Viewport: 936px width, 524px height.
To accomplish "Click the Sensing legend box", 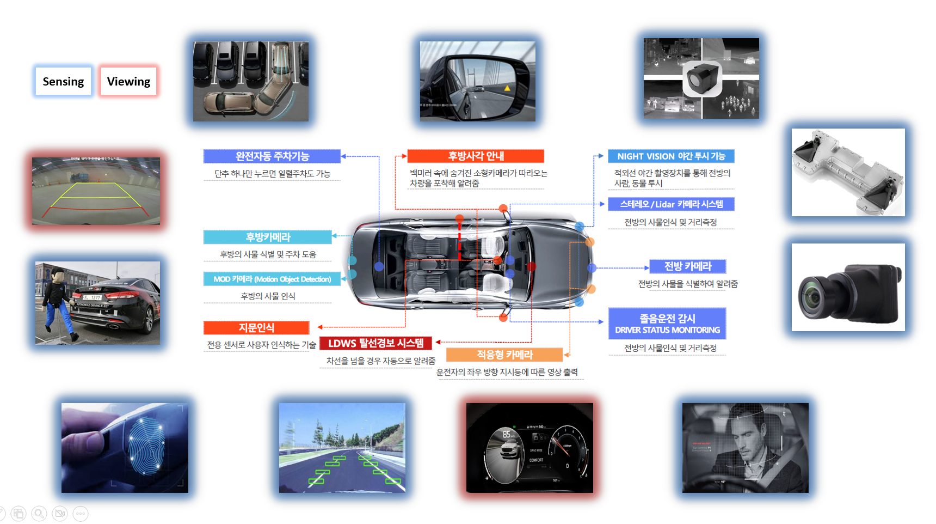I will tap(63, 81).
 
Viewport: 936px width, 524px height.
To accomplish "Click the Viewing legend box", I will tap(128, 81).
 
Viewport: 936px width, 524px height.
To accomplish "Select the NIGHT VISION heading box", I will tap(671, 156).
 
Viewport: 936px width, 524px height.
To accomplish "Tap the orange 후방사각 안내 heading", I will tap(476, 156).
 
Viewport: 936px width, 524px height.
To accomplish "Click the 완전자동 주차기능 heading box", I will tap(272, 156).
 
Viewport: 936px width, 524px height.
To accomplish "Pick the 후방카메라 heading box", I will tap(267, 237).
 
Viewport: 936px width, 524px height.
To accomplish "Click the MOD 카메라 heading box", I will tap(272, 279).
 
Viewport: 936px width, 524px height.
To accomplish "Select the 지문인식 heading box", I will tap(256, 327).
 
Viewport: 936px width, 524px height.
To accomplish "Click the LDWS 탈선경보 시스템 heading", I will tap(375, 343).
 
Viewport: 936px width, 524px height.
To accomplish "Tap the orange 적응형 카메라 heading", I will tap(504, 355).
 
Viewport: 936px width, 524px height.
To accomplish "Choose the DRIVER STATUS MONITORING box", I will tap(667, 324).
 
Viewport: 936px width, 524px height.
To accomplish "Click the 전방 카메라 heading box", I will tap(688, 266).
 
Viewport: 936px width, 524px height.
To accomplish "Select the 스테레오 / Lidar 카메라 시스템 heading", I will tap(671, 204).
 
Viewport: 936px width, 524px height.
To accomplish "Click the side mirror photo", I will tap(477, 81).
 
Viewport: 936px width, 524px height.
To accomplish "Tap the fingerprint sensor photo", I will tap(125, 448).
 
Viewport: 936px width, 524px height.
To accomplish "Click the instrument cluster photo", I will tap(529, 448).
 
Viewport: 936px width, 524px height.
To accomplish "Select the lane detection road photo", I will tap(342, 448).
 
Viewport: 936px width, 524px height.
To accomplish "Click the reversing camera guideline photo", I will tap(96, 191).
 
